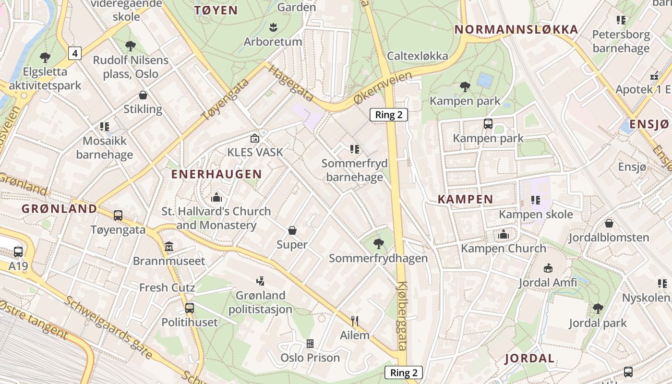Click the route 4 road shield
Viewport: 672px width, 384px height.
[x=74, y=53]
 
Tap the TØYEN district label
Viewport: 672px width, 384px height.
[x=216, y=10]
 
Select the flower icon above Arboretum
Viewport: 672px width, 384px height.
[x=273, y=27]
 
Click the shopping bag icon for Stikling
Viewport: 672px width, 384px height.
[x=143, y=95]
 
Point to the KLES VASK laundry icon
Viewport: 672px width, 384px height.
[x=255, y=138]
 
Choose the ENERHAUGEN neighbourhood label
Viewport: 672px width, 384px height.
[x=216, y=174]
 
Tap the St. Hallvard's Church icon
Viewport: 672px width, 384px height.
[x=216, y=197]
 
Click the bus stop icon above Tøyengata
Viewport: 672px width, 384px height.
[x=118, y=216]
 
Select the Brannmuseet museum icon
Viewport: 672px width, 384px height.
[x=168, y=247]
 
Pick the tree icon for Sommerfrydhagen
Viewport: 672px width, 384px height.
[x=378, y=244]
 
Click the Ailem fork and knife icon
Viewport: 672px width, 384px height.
[x=355, y=321]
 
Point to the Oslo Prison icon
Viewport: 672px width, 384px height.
[x=310, y=343]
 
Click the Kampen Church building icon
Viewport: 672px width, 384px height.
[x=503, y=234]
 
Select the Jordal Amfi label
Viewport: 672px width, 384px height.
[x=548, y=283]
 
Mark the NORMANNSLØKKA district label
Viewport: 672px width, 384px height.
[x=516, y=30]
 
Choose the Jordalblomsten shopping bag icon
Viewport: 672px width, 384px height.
[x=609, y=223]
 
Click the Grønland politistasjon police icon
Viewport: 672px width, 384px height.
[x=260, y=281]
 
